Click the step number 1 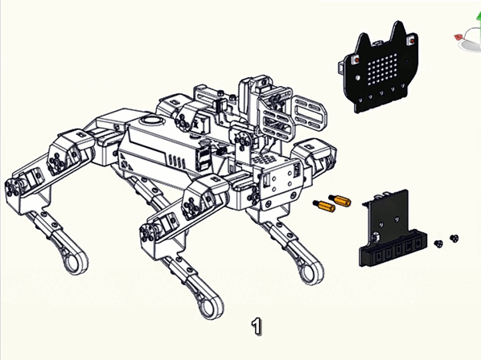(x=257, y=326)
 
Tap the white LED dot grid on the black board (x=383, y=69)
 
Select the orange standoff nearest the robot (x=324, y=206)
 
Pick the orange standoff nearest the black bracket (x=339, y=200)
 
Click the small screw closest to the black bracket (x=438, y=243)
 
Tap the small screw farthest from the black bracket (x=454, y=238)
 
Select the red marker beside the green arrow (x=458, y=37)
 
